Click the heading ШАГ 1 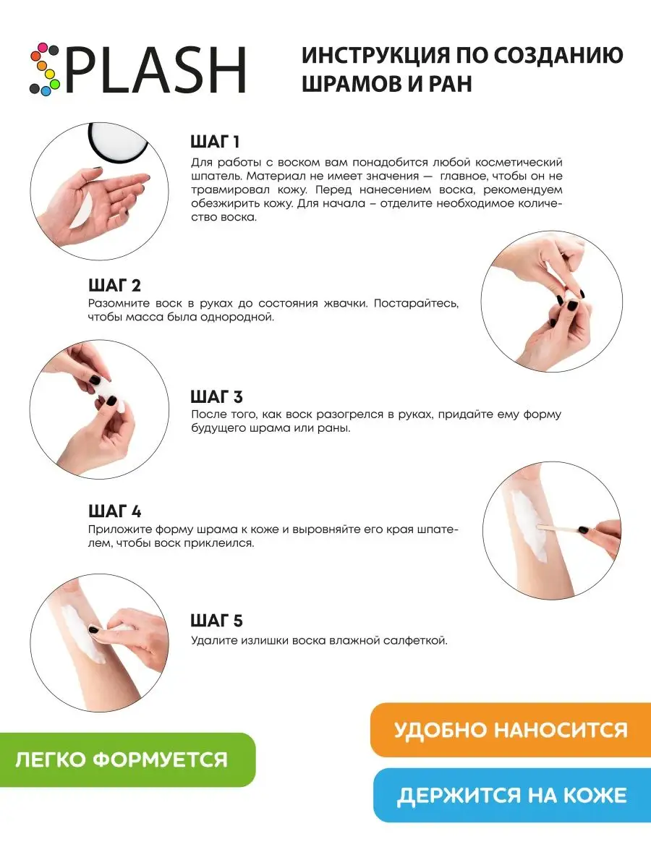coord(215,141)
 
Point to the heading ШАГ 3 coord(216,397)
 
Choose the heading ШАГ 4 coord(114,511)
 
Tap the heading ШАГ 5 coord(216,621)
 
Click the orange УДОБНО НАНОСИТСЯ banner coord(510,729)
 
